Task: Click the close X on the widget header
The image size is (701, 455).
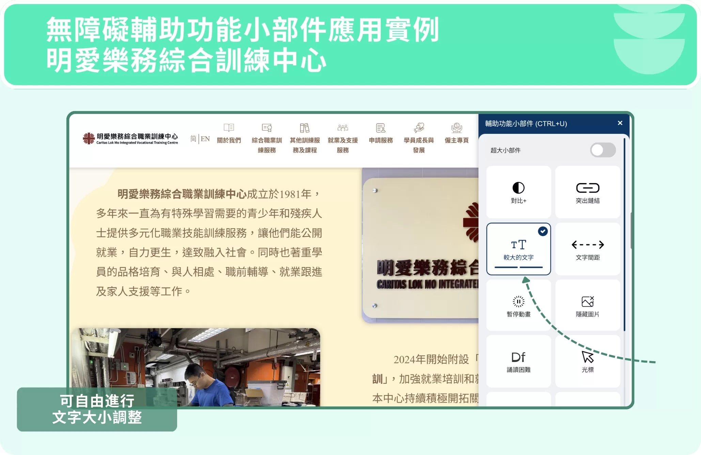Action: [x=620, y=123]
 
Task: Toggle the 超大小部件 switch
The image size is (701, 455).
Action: [x=603, y=150]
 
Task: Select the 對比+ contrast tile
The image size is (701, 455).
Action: [x=518, y=192]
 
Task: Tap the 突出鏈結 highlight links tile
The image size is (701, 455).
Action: [x=588, y=192]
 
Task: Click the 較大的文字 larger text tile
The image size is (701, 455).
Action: [x=518, y=249]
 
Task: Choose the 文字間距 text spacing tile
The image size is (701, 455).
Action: [x=588, y=249]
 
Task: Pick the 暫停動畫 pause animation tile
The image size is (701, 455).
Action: [x=518, y=305]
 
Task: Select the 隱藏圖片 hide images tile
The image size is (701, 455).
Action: [x=588, y=305]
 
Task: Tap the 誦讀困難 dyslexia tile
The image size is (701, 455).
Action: [x=518, y=361]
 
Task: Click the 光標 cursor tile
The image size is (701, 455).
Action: [x=588, y=361]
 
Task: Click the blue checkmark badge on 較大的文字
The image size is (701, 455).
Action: [x=543, y=231]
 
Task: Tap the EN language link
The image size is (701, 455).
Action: [x=205, y=139]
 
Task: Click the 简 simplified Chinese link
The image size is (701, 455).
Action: [x=193, y=139]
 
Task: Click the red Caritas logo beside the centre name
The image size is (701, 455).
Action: [x=89, y=138]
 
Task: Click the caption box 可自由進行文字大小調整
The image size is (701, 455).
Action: [x=97, y=409]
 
